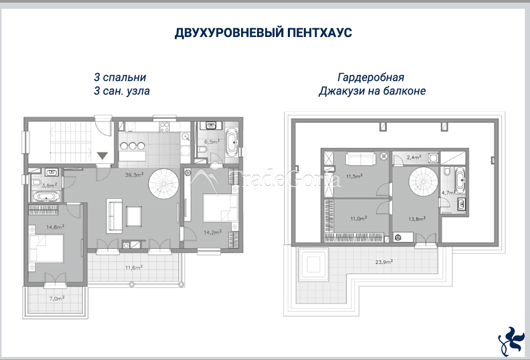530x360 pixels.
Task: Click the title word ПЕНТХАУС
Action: [x=319, y=33]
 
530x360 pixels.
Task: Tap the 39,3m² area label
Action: [x=134, y=175]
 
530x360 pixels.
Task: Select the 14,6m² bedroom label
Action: [x=55, y=227]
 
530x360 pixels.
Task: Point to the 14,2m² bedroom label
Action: [x=213, y=232]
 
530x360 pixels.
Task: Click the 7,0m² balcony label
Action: [x=57, y=298]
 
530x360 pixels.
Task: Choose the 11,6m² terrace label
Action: [x=134, y=267]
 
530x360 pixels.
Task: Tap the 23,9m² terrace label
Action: [x=383, y=262]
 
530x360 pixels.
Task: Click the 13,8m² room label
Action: [x=417, y=219]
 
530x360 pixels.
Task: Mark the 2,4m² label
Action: [x=414, y=157]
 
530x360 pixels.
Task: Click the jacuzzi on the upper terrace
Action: [x=313, y=262]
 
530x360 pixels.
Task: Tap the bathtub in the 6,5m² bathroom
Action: [x=232, y=142]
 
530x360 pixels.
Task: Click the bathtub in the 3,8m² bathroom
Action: [x=47, y=196]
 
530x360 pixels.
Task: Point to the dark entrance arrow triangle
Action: [x=102, y=156]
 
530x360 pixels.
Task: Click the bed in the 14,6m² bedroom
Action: [x=46, y=248]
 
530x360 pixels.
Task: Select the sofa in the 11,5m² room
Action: [x=360, y=159]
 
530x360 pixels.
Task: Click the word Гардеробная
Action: [x=371, y=78]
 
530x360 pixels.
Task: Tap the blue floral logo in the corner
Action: [x=511, y=341]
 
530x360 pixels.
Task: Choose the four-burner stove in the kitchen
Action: [x=165, y=127]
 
